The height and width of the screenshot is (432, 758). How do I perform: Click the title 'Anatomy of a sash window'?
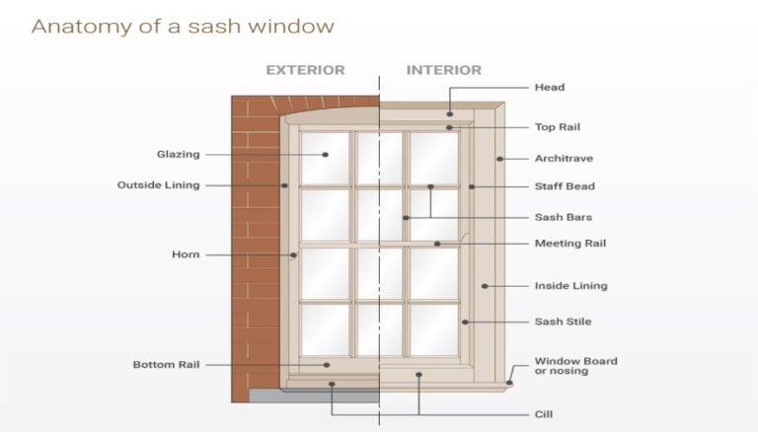point(183,26)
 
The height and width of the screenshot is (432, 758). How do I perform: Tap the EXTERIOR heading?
point(306,70)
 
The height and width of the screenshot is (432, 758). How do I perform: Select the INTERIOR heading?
point(444,70)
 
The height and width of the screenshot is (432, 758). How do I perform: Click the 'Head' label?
point(550,88)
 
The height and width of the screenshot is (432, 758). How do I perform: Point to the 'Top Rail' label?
point(558,127)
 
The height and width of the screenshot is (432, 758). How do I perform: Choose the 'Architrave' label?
point(564,159)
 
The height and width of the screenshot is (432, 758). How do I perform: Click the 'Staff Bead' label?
point(565,186)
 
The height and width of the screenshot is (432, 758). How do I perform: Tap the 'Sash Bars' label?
point(564,217)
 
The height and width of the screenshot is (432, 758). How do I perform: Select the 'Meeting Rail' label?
point(570,244)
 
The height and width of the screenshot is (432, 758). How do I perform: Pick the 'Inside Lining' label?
point(570,286)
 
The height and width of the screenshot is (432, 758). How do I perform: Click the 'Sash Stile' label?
point(563,322)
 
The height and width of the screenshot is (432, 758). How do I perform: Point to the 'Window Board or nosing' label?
point(575,366)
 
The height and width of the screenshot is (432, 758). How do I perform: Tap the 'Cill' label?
point(544,414)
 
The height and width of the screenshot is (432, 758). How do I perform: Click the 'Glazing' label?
point(178,155)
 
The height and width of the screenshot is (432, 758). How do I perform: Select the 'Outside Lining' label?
point(159,185)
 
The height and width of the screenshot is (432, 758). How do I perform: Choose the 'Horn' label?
point(186,254)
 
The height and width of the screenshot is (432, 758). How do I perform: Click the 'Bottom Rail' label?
point(166,365)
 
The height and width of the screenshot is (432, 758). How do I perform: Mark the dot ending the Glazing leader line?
point(326,155)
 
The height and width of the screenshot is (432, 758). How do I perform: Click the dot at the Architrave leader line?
point(499,159)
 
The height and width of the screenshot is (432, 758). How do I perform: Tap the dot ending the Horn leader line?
point(293,255)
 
